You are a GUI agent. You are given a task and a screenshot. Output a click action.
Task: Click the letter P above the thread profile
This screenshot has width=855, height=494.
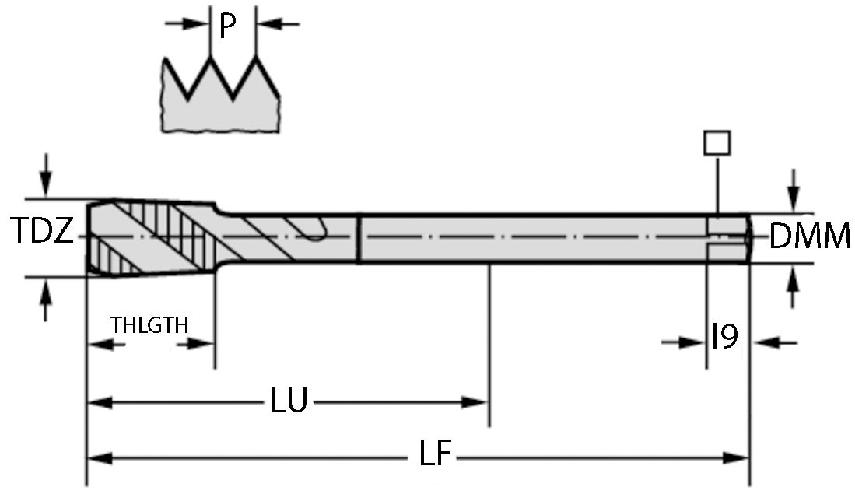click(226, 27)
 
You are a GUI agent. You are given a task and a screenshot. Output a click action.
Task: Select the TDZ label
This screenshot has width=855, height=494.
click(43, 232)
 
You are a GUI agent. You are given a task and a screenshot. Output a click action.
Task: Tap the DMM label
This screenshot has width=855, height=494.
click(809, 236)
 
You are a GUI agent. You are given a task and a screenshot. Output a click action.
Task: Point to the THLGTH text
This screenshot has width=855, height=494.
click(149, 324)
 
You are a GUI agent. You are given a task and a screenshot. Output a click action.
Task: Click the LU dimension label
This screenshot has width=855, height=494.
click(289, 401)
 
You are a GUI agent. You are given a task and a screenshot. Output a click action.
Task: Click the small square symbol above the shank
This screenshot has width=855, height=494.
click(717, 143)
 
